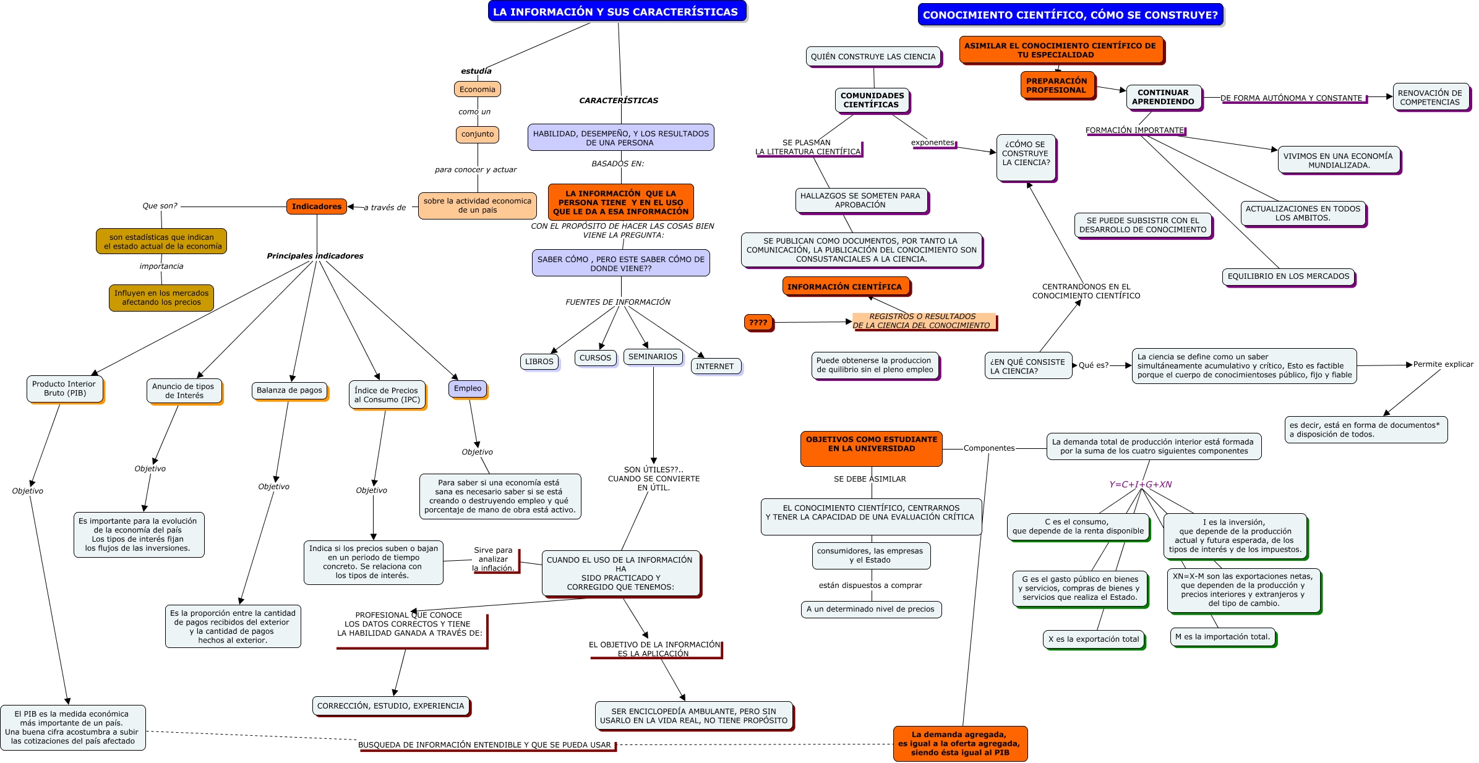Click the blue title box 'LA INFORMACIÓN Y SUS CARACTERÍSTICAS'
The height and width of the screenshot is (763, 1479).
(616, 12)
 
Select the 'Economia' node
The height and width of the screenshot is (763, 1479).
(477, 89)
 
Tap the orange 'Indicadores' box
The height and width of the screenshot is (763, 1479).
(316, 207)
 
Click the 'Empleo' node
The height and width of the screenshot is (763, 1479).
(467, 388)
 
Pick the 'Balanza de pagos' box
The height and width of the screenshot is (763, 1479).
(289, 390)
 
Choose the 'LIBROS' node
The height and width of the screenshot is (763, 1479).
(539, 362)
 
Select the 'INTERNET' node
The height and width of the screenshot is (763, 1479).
(714, 366)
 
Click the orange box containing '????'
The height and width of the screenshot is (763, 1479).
(758, 322)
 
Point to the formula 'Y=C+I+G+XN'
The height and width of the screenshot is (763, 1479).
(1140, 484)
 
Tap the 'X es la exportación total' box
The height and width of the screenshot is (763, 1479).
(1093, 639)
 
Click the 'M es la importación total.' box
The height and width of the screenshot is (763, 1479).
(1222, 636)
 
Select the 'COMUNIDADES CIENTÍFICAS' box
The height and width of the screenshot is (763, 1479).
(872, 100)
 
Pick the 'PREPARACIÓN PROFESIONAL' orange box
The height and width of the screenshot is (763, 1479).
(1057, 85)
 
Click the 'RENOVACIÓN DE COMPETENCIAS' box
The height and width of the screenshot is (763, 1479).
(1430, 97)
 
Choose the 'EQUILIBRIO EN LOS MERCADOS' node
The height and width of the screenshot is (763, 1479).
(1288, 276)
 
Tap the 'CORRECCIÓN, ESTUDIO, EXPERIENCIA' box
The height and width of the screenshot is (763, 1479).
(390, 705)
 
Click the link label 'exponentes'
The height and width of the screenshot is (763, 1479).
(932, 142)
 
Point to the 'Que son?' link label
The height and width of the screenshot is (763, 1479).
(160, 206)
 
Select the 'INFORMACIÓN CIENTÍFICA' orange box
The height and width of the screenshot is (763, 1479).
(844, 287)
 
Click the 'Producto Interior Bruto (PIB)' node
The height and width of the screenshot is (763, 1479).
(64, 388)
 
